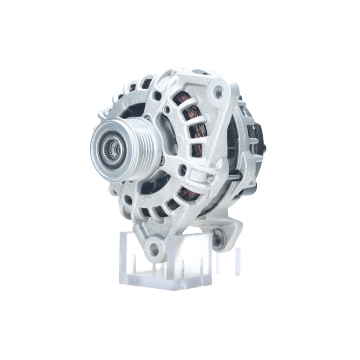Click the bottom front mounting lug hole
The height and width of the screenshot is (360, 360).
coord(154,248)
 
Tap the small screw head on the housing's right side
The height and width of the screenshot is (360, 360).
coord(211,178)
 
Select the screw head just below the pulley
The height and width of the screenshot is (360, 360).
coord(162,160)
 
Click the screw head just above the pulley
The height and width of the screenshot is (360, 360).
coord(147,116)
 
